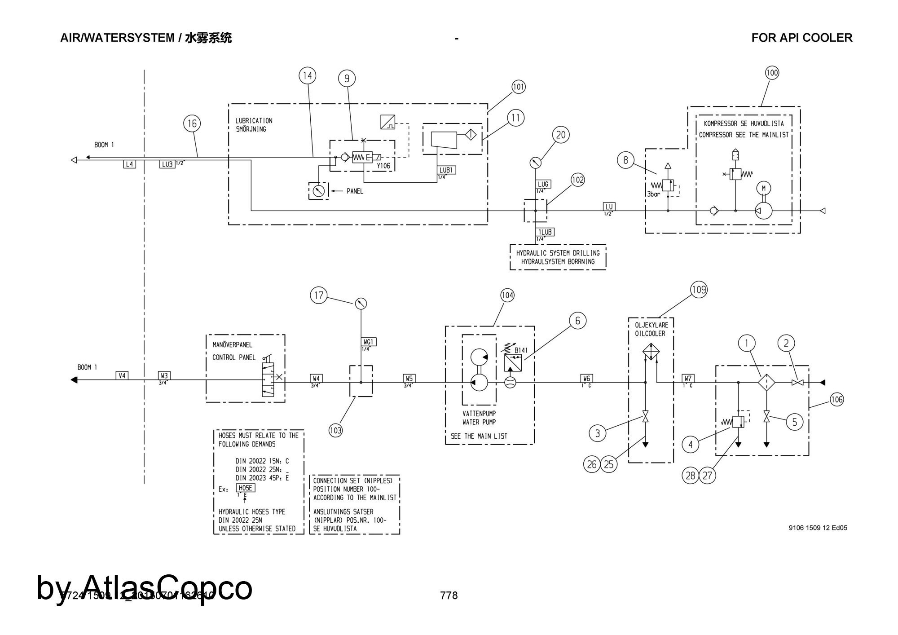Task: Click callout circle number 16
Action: coord(192,123)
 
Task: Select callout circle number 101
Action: coord(518,87)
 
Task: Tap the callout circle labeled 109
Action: coord(699,290)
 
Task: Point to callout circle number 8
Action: coord(625,160)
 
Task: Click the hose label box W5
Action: coord(409,379)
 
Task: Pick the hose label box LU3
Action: coord(167,164)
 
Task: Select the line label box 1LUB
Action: coord(545,232)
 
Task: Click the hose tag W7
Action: coord(688,379)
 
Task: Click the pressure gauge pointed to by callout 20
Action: coord(534,162)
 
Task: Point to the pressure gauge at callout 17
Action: coord(361,304)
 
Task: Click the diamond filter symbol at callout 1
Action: coord(767,383)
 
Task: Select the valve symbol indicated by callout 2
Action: coord(797,383)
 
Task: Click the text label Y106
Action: coord(383,166)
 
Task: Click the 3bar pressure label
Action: coord(653,194)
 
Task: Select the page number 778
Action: coord(449,595)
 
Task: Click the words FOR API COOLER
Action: coord(801,38)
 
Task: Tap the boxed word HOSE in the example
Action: coord(245,488)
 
